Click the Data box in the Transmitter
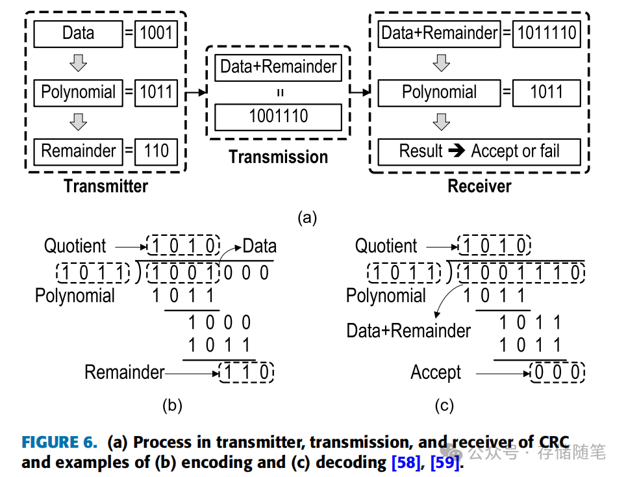pyautogui.click(x=78, y=34)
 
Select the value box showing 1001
pyautogui.click(x=156, y=34)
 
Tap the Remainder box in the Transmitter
pyautogui.click(x=78, y=151)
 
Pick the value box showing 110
pyautogui.click(x=156, y=151)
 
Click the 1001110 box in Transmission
pyautogui.click(x=279, y=117)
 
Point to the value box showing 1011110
pyautogui.click(x=546, y=34)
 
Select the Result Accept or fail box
pyautogui.click(x=479, y=151)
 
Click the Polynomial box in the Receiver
pyautogui.click(x=439, y=93)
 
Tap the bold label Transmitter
pyautogui.click(x=106, y=187)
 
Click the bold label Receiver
pyautogui.click(x=479, y=187)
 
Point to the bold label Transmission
pyautogui.click(x=279, y=157)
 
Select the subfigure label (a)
pyautogui.click(x=307, y=218)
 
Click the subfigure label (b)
pyautogui.click(x=171, y=406)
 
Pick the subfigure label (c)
pyautogui.click(x=444, y=406)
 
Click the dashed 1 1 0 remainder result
pyautogui.click(x=246, y=373)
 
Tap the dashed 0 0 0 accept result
pyautogui.click(x=557, y=373)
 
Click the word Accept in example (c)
pyautogui.click(x=436, y=373)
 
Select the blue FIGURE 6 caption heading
pyautogui.click(x=59, y=443)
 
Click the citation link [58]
pyautogui.click(x=407, y=463)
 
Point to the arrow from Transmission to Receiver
pyautogui.click(x=360, y=93)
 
